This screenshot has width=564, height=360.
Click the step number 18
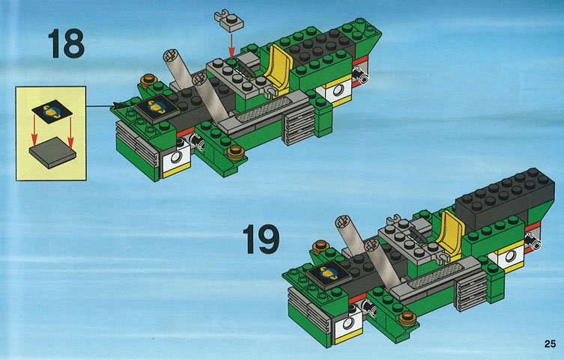(x=66, y=43)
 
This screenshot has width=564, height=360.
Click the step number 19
(x=261, y=240)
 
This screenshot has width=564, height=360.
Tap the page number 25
(x=550, y=344)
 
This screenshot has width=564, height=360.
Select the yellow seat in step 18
(x=278, y=68)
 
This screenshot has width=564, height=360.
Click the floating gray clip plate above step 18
(x=228, y=21)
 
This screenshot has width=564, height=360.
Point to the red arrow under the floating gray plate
(x=231, y=46)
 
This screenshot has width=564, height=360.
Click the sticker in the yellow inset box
(x=52, y=112)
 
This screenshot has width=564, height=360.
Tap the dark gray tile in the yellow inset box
(x=52, y=153)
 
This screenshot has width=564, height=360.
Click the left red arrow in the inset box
(x=34, y=131)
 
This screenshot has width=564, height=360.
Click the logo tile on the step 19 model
(x=328, y=275)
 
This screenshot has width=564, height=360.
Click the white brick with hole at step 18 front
(x=176, y=159)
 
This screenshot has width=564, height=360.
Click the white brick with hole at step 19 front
(x=348, y=324)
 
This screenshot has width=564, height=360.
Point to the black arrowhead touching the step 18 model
(x=118, y=105)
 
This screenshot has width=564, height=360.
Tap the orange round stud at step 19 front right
(x=407, y=318)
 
